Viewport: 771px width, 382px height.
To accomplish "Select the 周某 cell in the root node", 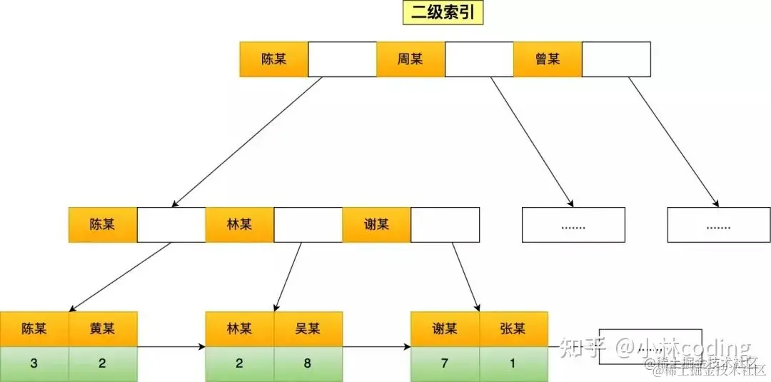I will (410, 59).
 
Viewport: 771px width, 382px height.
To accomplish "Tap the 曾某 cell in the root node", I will (548, 59).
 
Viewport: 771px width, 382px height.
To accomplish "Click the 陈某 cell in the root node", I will (273, 59).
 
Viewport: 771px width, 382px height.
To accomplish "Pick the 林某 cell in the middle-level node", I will (239, 225).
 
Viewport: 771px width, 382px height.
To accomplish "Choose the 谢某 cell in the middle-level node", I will (376, 225).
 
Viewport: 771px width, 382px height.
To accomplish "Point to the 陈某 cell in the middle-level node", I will (102, 225).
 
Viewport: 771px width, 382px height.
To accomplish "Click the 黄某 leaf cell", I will (102, 329).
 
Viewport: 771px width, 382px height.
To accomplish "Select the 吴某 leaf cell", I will (308, 329).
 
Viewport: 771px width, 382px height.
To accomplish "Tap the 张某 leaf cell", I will (513, 329).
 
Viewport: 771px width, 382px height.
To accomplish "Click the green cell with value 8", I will (308, 363).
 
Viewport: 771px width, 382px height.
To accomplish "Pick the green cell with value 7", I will (445, 363).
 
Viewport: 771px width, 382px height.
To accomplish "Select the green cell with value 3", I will (34, 363).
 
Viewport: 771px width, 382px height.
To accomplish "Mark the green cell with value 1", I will (513, 363).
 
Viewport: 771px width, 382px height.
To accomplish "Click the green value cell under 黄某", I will (102, 363).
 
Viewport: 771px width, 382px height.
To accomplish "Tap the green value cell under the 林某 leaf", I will (239, 363).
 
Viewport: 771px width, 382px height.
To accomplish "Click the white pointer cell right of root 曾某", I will (616, 59).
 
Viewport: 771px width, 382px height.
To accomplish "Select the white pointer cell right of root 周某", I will (479, 59).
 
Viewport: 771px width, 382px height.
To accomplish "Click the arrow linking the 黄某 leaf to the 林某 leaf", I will (171, 347).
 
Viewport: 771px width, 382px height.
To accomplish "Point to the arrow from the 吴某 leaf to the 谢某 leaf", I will (376, 347).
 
